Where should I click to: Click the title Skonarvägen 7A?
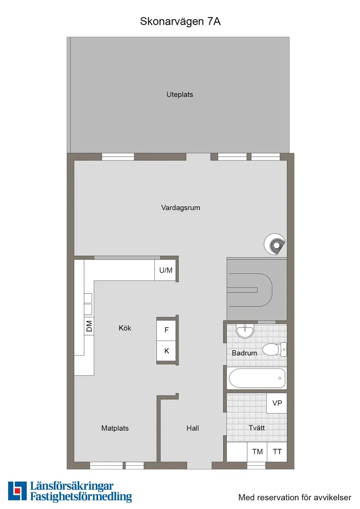pos(180,21)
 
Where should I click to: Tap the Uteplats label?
pos(179,94)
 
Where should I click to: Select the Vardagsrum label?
pos(181,208)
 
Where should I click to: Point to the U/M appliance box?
pos(166,270)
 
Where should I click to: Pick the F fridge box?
pos(166,330)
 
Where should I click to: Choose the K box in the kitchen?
pos(166,351)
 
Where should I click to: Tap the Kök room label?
pos(125,328)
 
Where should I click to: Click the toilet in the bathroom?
pos(273,349)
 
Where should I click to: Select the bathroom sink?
pos(246,331)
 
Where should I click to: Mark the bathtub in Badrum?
pos(257,378)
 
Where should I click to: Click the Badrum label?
pos(244,353)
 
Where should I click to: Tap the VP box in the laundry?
pos(277,403)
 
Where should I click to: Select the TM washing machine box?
pos(257,452)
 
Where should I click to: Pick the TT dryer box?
pos(277,452)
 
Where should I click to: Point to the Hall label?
pos(192,428)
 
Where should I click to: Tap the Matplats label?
pos(115,428)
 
